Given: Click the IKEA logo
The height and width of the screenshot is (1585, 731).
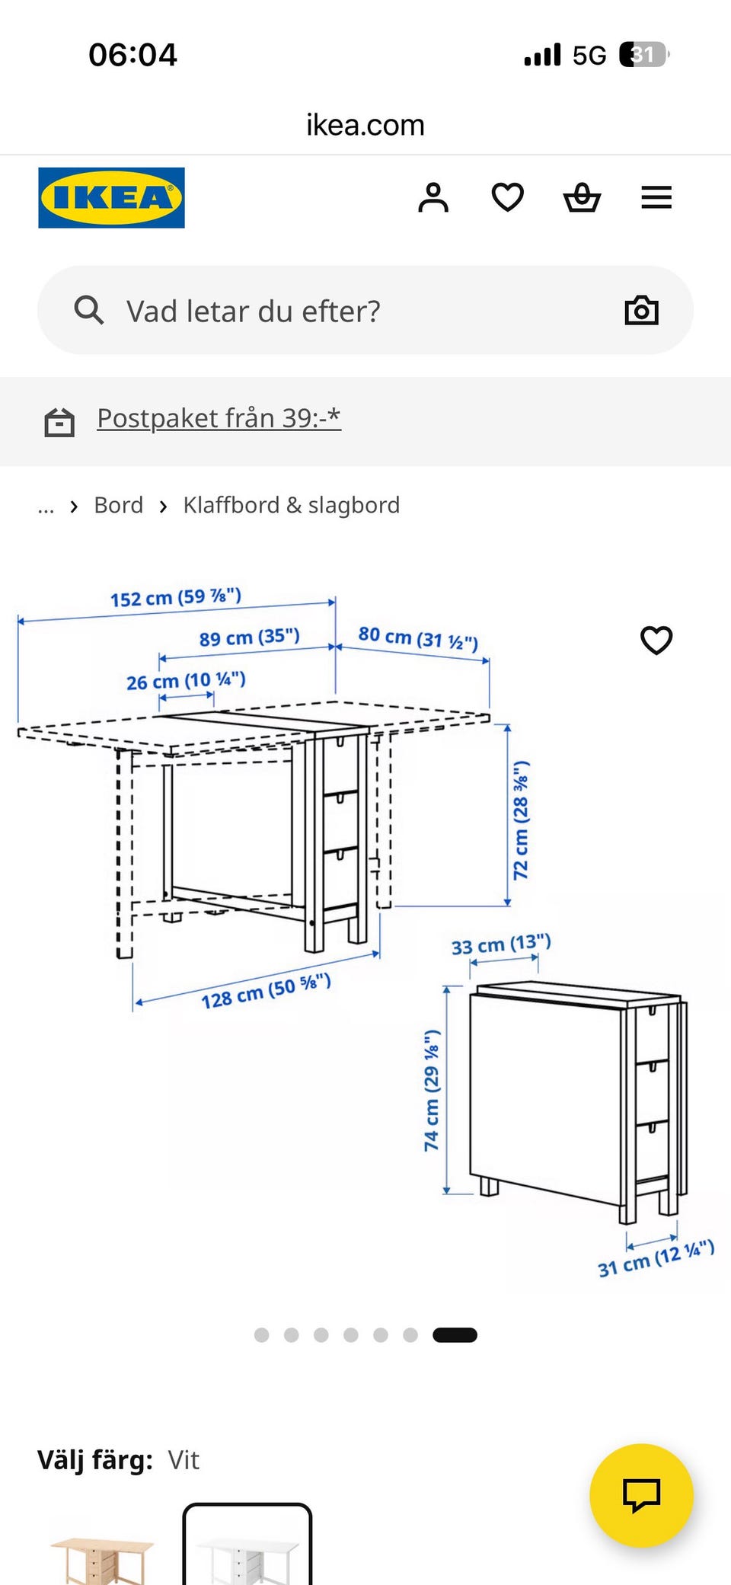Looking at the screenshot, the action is click(111, 197).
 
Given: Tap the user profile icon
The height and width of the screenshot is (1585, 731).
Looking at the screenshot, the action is click(433, 197).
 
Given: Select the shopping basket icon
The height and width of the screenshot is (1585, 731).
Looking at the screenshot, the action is click(582, 197).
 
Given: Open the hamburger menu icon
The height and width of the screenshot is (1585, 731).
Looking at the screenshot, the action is click(656, 197).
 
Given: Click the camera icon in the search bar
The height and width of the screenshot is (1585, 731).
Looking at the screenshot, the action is click(641, 310).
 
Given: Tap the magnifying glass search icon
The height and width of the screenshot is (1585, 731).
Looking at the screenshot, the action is click(88, 310).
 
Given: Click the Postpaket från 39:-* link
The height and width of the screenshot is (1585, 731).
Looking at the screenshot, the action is click(219, 418).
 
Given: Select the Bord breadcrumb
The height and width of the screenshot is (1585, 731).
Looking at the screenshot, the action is click(119, 505).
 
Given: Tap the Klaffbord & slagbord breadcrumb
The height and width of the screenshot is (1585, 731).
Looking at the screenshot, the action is click(292, 505).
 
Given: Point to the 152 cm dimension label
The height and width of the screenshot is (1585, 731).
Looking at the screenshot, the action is click(176, 597).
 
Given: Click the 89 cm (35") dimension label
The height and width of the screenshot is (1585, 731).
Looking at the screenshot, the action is click(250, 637).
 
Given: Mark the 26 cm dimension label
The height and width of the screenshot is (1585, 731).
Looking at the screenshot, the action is click(186, 680).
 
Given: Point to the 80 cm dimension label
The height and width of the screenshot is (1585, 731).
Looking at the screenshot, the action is click(418, 638).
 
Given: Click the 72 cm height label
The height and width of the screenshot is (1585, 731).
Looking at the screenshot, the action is click(521, 820).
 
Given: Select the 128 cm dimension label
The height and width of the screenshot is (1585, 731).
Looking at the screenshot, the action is click(266, 991).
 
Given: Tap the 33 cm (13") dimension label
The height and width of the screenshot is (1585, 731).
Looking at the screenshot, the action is click(501, 944).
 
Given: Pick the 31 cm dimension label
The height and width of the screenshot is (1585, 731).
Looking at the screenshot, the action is click(656, 1258).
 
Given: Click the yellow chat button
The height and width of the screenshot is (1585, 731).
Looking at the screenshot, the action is click(641, 1495).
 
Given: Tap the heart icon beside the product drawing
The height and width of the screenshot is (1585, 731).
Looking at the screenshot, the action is click(656, 640).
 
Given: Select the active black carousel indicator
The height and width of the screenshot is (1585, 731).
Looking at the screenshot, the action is click(455, 1334).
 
